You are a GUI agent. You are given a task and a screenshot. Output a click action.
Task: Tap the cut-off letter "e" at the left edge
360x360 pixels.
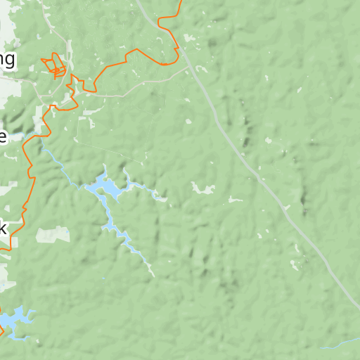(3, 136)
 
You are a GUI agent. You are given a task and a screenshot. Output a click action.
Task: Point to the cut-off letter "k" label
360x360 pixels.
(3, 228)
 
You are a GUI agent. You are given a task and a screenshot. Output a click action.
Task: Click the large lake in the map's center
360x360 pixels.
(108, 187)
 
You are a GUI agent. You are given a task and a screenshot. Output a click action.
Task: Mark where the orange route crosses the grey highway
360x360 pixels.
(178, 51)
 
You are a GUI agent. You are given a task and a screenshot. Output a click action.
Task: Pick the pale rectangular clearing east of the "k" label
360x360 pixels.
(53, 234)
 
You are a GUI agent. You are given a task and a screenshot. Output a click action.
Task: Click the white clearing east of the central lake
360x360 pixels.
(204, 188)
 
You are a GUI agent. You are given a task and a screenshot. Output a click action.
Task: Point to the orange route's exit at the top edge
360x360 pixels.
(181, 2)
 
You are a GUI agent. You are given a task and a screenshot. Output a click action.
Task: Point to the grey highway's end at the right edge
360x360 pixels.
(357, 307)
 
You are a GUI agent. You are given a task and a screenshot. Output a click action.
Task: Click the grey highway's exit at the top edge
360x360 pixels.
(138, 2)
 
